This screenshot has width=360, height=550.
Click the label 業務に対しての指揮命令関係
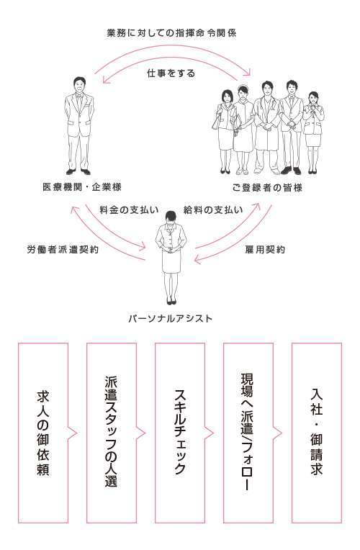(171, 33)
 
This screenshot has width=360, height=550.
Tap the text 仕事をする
(171, 73)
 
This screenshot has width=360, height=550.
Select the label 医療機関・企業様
(82, 187)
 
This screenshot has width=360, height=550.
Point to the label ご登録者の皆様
(267, 188)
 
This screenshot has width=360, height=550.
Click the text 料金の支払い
(129, 209)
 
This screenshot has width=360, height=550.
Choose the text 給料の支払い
(213, 209)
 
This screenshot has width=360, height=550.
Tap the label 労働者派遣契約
(63, 249)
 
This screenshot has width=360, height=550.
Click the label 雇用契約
(265, 249)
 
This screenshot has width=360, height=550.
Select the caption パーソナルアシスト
(170, 318)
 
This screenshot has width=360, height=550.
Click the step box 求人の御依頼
(43, 433)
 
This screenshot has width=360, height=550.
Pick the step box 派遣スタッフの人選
(112, 433)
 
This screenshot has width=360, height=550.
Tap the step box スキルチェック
(180, 433)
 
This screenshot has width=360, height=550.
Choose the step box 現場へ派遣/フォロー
(248, 433)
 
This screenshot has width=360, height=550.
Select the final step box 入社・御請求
(317, 433)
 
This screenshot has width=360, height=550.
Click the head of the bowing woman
(171, 218)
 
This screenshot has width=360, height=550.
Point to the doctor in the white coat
(267, 127)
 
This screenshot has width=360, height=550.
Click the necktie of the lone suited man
(80, 102)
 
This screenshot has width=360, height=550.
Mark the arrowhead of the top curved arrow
(248, 73)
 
